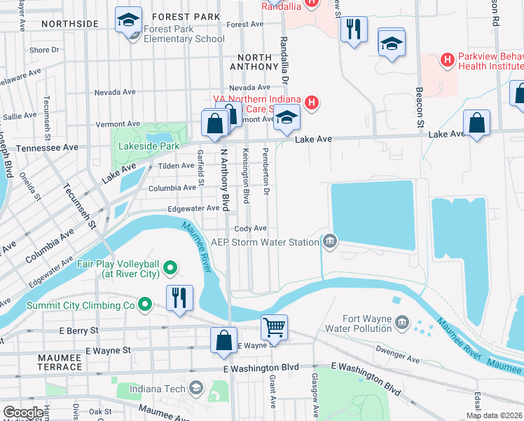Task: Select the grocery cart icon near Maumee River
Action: tap(274, 327)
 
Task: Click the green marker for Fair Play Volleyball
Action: tap(170, 267)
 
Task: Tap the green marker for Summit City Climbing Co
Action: tap(145, 305)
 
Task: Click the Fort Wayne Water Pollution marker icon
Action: tap(402, 322)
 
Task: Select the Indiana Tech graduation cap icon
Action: tap(197, 389)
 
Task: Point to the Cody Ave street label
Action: tap(251, 229)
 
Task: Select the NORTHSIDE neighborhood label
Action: tap(69, 24)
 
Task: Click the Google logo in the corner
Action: tap(23, 413)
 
